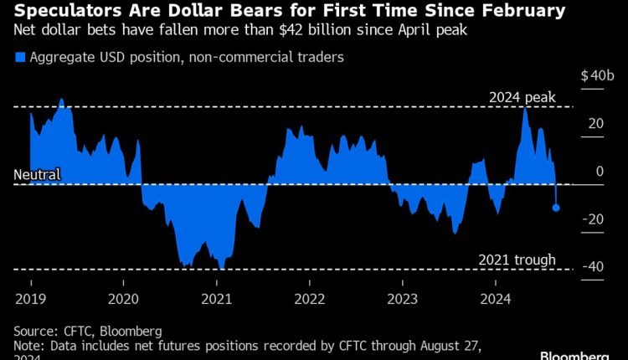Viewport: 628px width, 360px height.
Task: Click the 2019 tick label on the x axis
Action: pyautogui.click(x=30, y=299)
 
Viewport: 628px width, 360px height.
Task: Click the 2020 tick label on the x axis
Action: pyautogui.click(x=123, y=299)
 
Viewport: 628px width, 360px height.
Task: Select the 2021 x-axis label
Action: pyautogui.click(x=217, y=299)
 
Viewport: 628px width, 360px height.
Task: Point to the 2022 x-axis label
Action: pyautogui.click(x=310, y=299)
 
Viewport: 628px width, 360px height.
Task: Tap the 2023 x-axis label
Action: pyautogui.click(x=404, y=299)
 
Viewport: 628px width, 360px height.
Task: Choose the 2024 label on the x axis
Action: pyautogui.click(x=497, y=299)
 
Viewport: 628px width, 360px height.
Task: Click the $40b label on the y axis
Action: pyautogui.click(x=598, y=75)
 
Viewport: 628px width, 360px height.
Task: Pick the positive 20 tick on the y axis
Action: pyautogui.click(x=595, y=123)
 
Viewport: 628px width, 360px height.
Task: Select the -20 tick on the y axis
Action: pyautogui.click(x=594, y=219)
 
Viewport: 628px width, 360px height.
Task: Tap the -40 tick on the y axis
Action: pyautogui.click(x=594, y=266)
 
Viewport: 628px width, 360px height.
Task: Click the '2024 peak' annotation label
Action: pyautogui.click(x=522, y=98)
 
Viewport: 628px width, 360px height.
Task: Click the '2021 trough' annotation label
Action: pyautogui.click(x=517, y=260)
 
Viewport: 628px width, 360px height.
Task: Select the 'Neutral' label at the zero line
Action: pyautogui.click(x=37, y=175)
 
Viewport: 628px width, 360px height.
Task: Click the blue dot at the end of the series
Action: pyautogui.click(x=556, y=208)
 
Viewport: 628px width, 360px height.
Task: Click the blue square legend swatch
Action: pyautogui.click(x=19, y=58)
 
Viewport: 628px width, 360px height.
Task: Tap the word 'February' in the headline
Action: pyautogui.click(x=512, y=12)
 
